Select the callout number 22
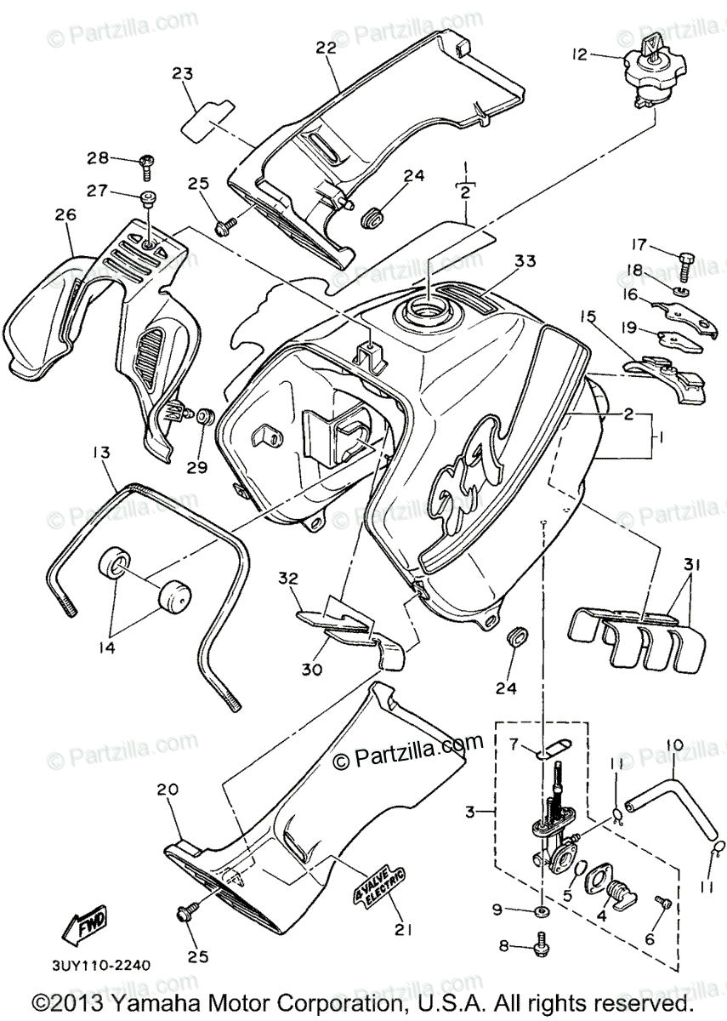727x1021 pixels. click(x=327, y=49)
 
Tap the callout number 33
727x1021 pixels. click(x=524, y=260)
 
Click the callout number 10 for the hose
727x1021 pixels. click(x=674, y=745)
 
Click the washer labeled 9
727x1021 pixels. click(x=542, y=911)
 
